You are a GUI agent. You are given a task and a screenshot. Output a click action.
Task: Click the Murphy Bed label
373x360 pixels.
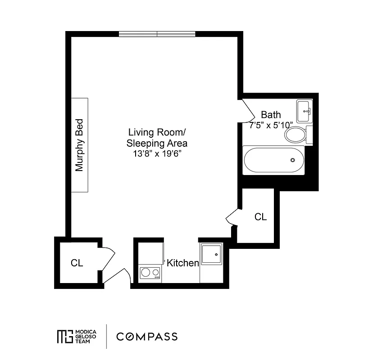coord(80,145)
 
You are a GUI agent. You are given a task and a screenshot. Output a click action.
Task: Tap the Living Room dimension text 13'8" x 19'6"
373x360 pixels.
coord(157,153)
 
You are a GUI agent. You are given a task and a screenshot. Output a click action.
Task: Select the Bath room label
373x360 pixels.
coord(271,115)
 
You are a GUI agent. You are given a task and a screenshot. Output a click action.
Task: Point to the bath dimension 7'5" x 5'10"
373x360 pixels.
coord(271,125)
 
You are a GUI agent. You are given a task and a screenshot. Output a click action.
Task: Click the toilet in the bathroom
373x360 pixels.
coord(296,135)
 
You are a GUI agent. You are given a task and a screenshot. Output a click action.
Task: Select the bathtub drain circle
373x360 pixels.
coord(293,160)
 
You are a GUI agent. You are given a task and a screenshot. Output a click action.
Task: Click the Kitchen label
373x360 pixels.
coord(183,263)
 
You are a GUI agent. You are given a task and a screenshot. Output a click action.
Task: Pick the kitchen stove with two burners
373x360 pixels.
coord(150,273)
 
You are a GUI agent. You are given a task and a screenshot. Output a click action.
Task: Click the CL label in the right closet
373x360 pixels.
coord(260,217)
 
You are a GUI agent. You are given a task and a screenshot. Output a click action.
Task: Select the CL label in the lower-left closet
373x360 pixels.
coord(77,263)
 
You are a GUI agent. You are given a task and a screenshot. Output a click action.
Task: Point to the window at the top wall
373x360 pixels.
coord(157,34)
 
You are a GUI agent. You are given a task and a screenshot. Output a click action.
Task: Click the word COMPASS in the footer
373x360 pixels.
coord(147,337)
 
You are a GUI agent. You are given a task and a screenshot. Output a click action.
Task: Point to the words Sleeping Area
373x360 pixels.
coord(157,144)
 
